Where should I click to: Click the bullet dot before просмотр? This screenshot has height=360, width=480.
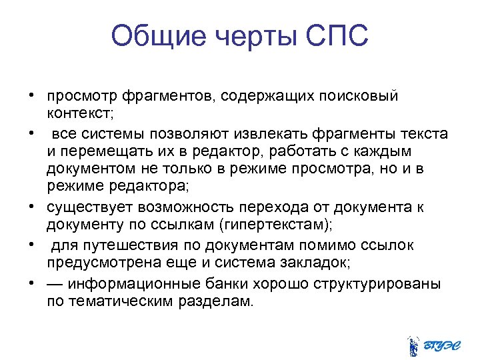click(x=31, y=96)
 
